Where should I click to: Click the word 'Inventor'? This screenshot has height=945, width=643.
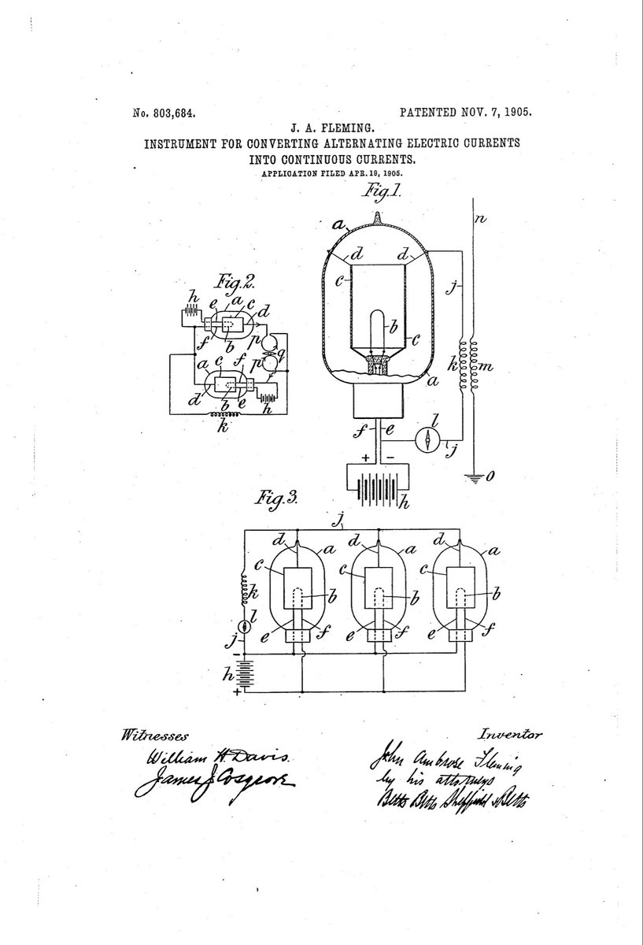tap(510, 734)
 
